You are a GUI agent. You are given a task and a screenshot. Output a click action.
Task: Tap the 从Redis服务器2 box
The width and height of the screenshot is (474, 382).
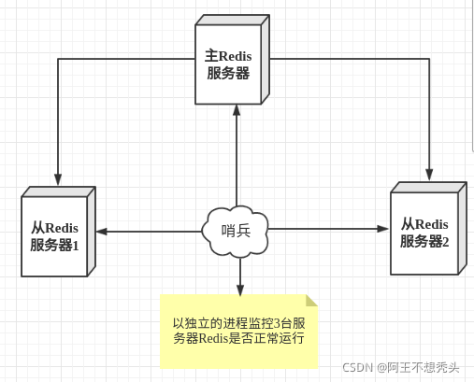click(424, 232)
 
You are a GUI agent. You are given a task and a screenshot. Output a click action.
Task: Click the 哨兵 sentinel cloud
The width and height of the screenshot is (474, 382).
click(237, 229)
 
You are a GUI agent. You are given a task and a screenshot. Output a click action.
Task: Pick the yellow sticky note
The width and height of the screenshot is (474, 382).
click(239, 331)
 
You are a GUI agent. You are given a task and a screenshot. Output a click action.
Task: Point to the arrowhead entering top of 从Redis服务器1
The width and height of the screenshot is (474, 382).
click(58, 178)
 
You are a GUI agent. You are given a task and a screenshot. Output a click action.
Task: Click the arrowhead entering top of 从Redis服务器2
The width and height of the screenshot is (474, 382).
click(430, 174)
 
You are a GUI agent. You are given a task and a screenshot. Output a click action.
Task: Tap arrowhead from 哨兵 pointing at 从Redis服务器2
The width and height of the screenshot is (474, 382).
click(382, 227)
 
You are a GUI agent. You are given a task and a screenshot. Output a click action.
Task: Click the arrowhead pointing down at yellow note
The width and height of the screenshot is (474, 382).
click(239, 289)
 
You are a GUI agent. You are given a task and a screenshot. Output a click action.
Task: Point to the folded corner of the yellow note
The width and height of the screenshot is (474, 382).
click(311, 301)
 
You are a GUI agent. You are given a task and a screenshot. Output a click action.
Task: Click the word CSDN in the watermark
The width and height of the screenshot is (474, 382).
click(358, 367)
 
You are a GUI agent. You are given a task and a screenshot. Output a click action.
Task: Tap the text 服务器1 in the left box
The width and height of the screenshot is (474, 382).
click(54, 244)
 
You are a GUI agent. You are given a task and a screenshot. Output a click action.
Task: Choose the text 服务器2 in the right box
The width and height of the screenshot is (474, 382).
click(424, 241)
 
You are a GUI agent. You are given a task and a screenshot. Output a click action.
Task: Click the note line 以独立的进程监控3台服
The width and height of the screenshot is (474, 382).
click(239, 322)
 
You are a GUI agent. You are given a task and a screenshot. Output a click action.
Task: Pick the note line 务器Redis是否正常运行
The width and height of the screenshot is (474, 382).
click(239, 339)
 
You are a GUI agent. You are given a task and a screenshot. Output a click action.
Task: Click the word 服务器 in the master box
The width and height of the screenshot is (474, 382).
click(228, 73)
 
